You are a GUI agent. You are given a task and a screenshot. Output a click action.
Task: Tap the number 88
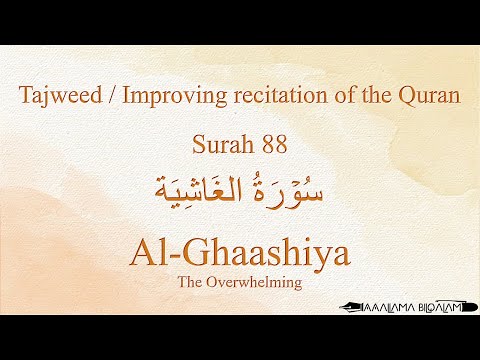(274, 143)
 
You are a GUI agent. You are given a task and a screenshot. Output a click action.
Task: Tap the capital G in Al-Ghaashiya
(190, 251)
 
